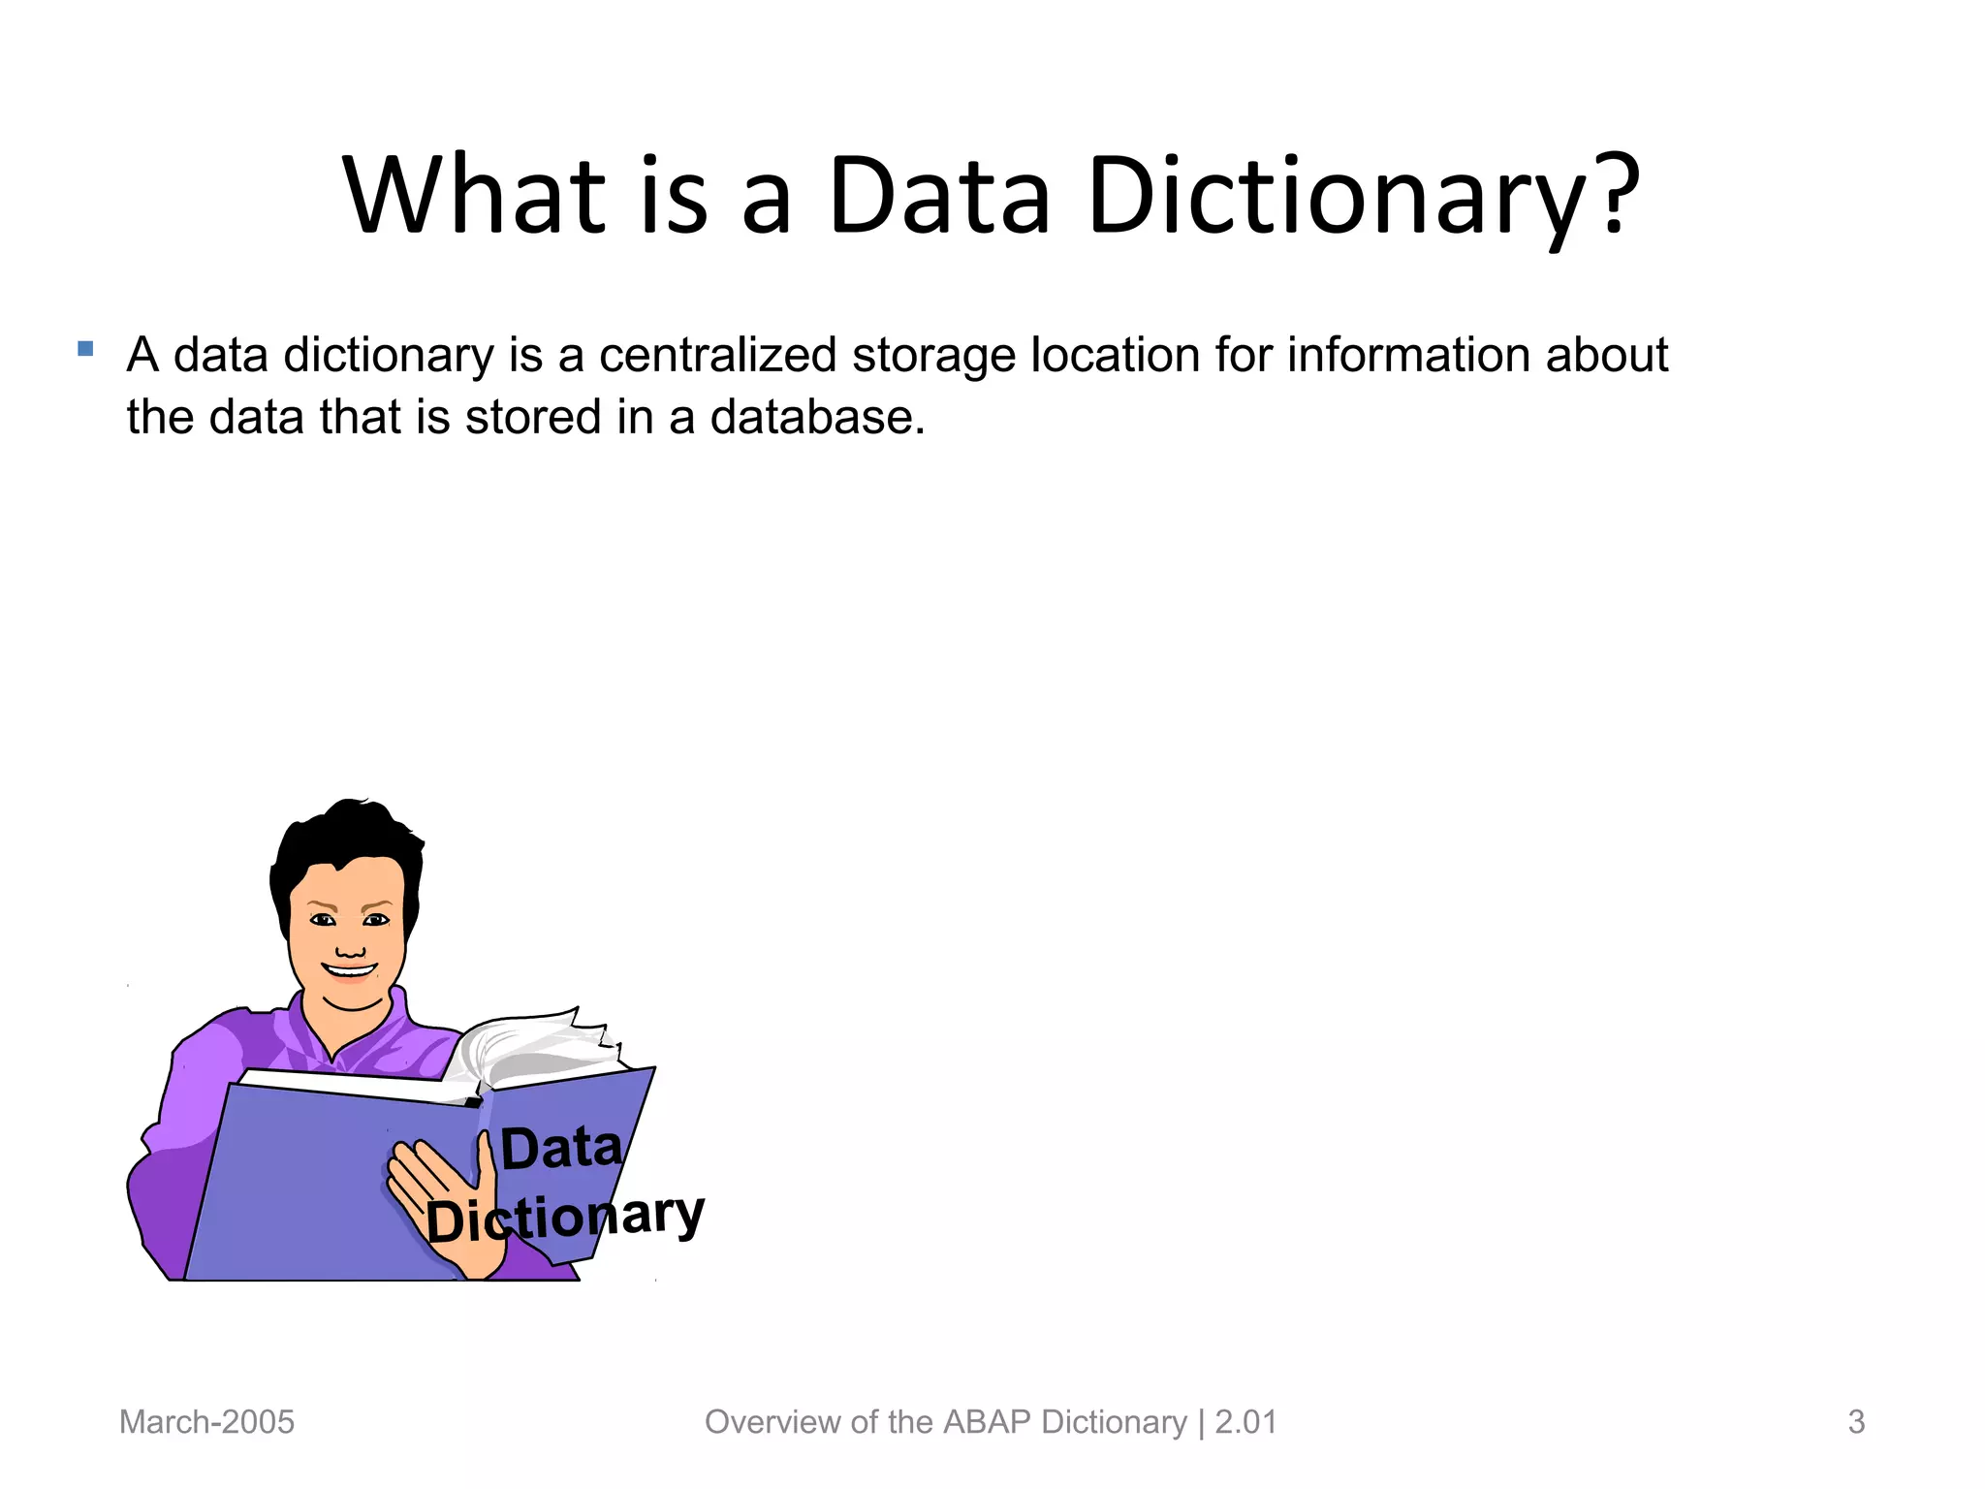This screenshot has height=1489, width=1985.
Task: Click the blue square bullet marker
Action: pyautogui.click(x=85, y=348)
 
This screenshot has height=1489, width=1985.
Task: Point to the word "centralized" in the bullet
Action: pyautogui.click(x=717, y=355)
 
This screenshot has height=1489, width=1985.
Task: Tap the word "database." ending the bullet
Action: pyautogui.click(x=817, y=418)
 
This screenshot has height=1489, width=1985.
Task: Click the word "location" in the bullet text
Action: pyautogui.click(x=1115, y=355)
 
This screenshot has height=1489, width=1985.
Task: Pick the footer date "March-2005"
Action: pyautogui.click(x=206, y=1422)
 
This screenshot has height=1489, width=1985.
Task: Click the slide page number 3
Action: pyautogui.click(x=1856, y=1422)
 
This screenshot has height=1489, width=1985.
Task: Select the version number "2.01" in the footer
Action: pyautogui.click(x=1245, y=1422)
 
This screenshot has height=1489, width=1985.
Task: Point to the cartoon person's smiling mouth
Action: pyautogui.click(x=349, y=969)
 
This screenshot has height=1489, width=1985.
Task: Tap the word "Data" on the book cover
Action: pyautogui.click(x=561, y=1149)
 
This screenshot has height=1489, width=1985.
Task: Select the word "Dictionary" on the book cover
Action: pyautogui.click(x=565, y=1218)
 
